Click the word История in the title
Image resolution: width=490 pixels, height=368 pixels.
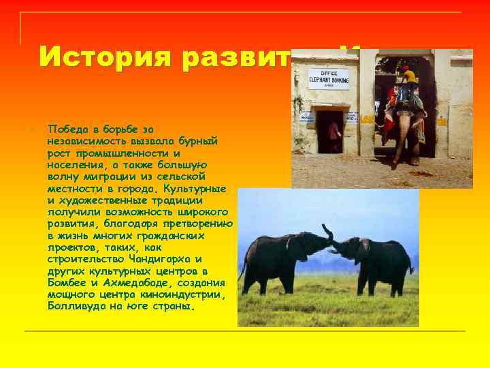[101, 57]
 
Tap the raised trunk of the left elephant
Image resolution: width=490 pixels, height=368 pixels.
[328, 233]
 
